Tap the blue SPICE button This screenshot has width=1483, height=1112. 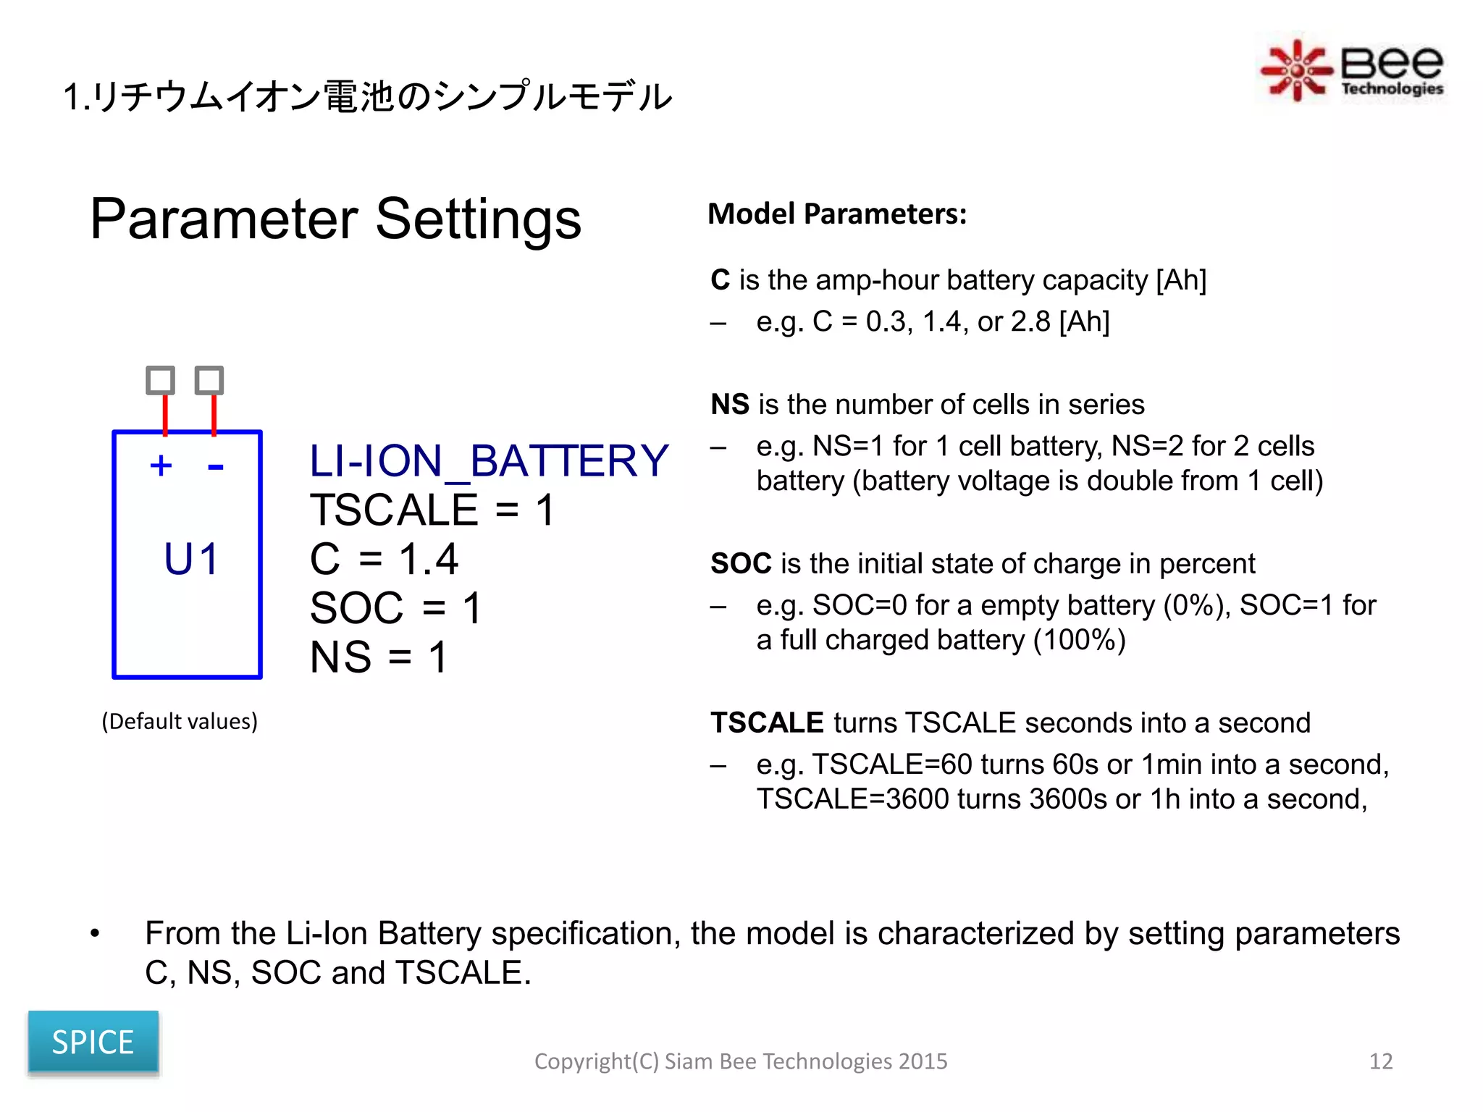pos(93,1042)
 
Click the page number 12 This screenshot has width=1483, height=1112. pos(1380,1061)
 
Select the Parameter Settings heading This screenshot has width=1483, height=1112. pos(335,219)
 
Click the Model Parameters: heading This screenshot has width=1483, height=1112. pos(836,214)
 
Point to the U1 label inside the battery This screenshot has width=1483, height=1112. pos(190,559)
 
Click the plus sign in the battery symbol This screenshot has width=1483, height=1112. pos(161,466)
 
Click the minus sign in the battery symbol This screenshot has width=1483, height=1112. pos(215,467)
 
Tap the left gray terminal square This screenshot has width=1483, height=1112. pos(161,380)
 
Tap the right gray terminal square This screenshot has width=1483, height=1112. pos(209,380)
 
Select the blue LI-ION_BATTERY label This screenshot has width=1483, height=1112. pos(489,460)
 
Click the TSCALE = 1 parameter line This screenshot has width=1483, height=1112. pos(432,510)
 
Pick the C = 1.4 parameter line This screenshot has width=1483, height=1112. pos(384,559)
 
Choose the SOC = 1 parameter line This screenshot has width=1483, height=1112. pos(395,607)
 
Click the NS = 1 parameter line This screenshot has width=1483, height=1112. pos(378,657)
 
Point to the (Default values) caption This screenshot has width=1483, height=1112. pos(180,721)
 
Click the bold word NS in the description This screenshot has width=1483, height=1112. pos(729,404)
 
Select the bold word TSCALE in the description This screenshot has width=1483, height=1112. pos(767,723)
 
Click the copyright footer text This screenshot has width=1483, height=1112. pos(740,1061)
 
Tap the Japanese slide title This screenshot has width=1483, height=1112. pos(368,96)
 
